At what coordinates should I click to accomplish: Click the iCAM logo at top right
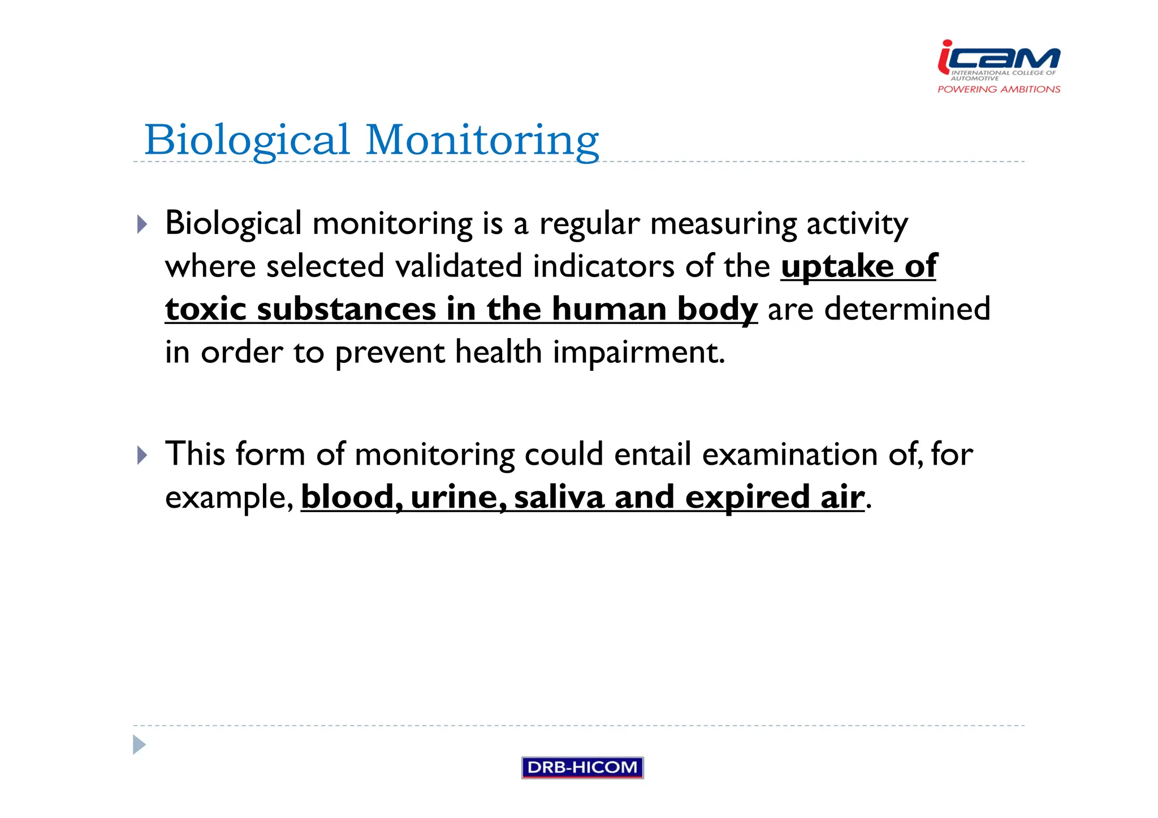pos(999,59)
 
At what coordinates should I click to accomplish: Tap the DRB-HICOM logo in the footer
pos(582,767)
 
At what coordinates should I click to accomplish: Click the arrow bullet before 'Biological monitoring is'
pos(142,224)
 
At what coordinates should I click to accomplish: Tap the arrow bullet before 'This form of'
pos(142,455)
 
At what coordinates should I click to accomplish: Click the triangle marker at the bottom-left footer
pos(139,745)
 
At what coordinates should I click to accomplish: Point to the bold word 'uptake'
pos(837,266)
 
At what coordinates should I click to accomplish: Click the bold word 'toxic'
pos(206,309)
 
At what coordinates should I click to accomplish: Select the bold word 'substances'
pos(347,309)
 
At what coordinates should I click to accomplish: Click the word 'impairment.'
pos(638,352)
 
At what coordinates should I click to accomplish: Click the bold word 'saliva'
pos(559,497)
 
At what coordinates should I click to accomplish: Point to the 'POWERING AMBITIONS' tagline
pos(999,89)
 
